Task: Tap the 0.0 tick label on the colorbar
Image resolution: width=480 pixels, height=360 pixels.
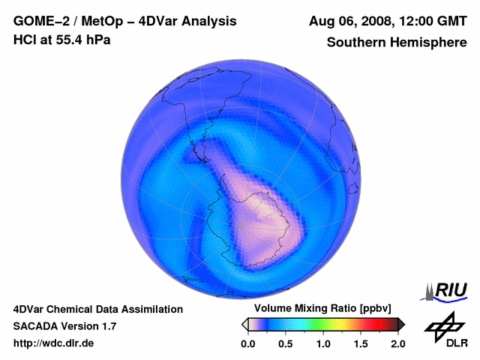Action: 247,343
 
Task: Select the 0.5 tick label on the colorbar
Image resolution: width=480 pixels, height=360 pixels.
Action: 285,343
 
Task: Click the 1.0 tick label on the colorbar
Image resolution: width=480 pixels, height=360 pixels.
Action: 323,343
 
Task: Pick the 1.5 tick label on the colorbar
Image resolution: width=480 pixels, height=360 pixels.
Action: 361,343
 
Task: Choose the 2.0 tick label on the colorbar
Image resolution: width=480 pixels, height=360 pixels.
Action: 398,343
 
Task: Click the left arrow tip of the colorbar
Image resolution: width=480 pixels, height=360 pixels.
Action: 244,324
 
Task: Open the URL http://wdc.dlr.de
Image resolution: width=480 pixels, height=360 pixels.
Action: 54,343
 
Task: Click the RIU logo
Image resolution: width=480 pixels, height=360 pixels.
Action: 445,290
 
